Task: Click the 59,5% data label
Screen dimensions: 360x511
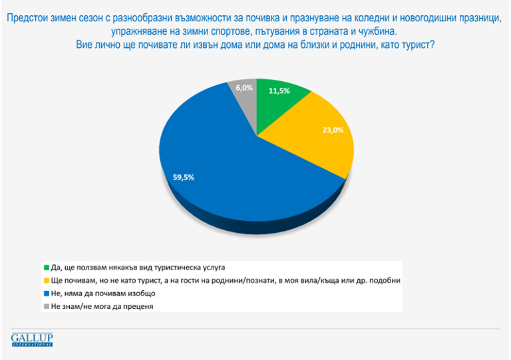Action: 184,177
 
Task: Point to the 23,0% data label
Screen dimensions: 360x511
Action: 332,130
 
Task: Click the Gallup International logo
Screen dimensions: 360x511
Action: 31,339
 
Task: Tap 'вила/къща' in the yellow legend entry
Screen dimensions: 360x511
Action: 312,280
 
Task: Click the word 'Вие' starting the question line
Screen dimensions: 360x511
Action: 81,45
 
